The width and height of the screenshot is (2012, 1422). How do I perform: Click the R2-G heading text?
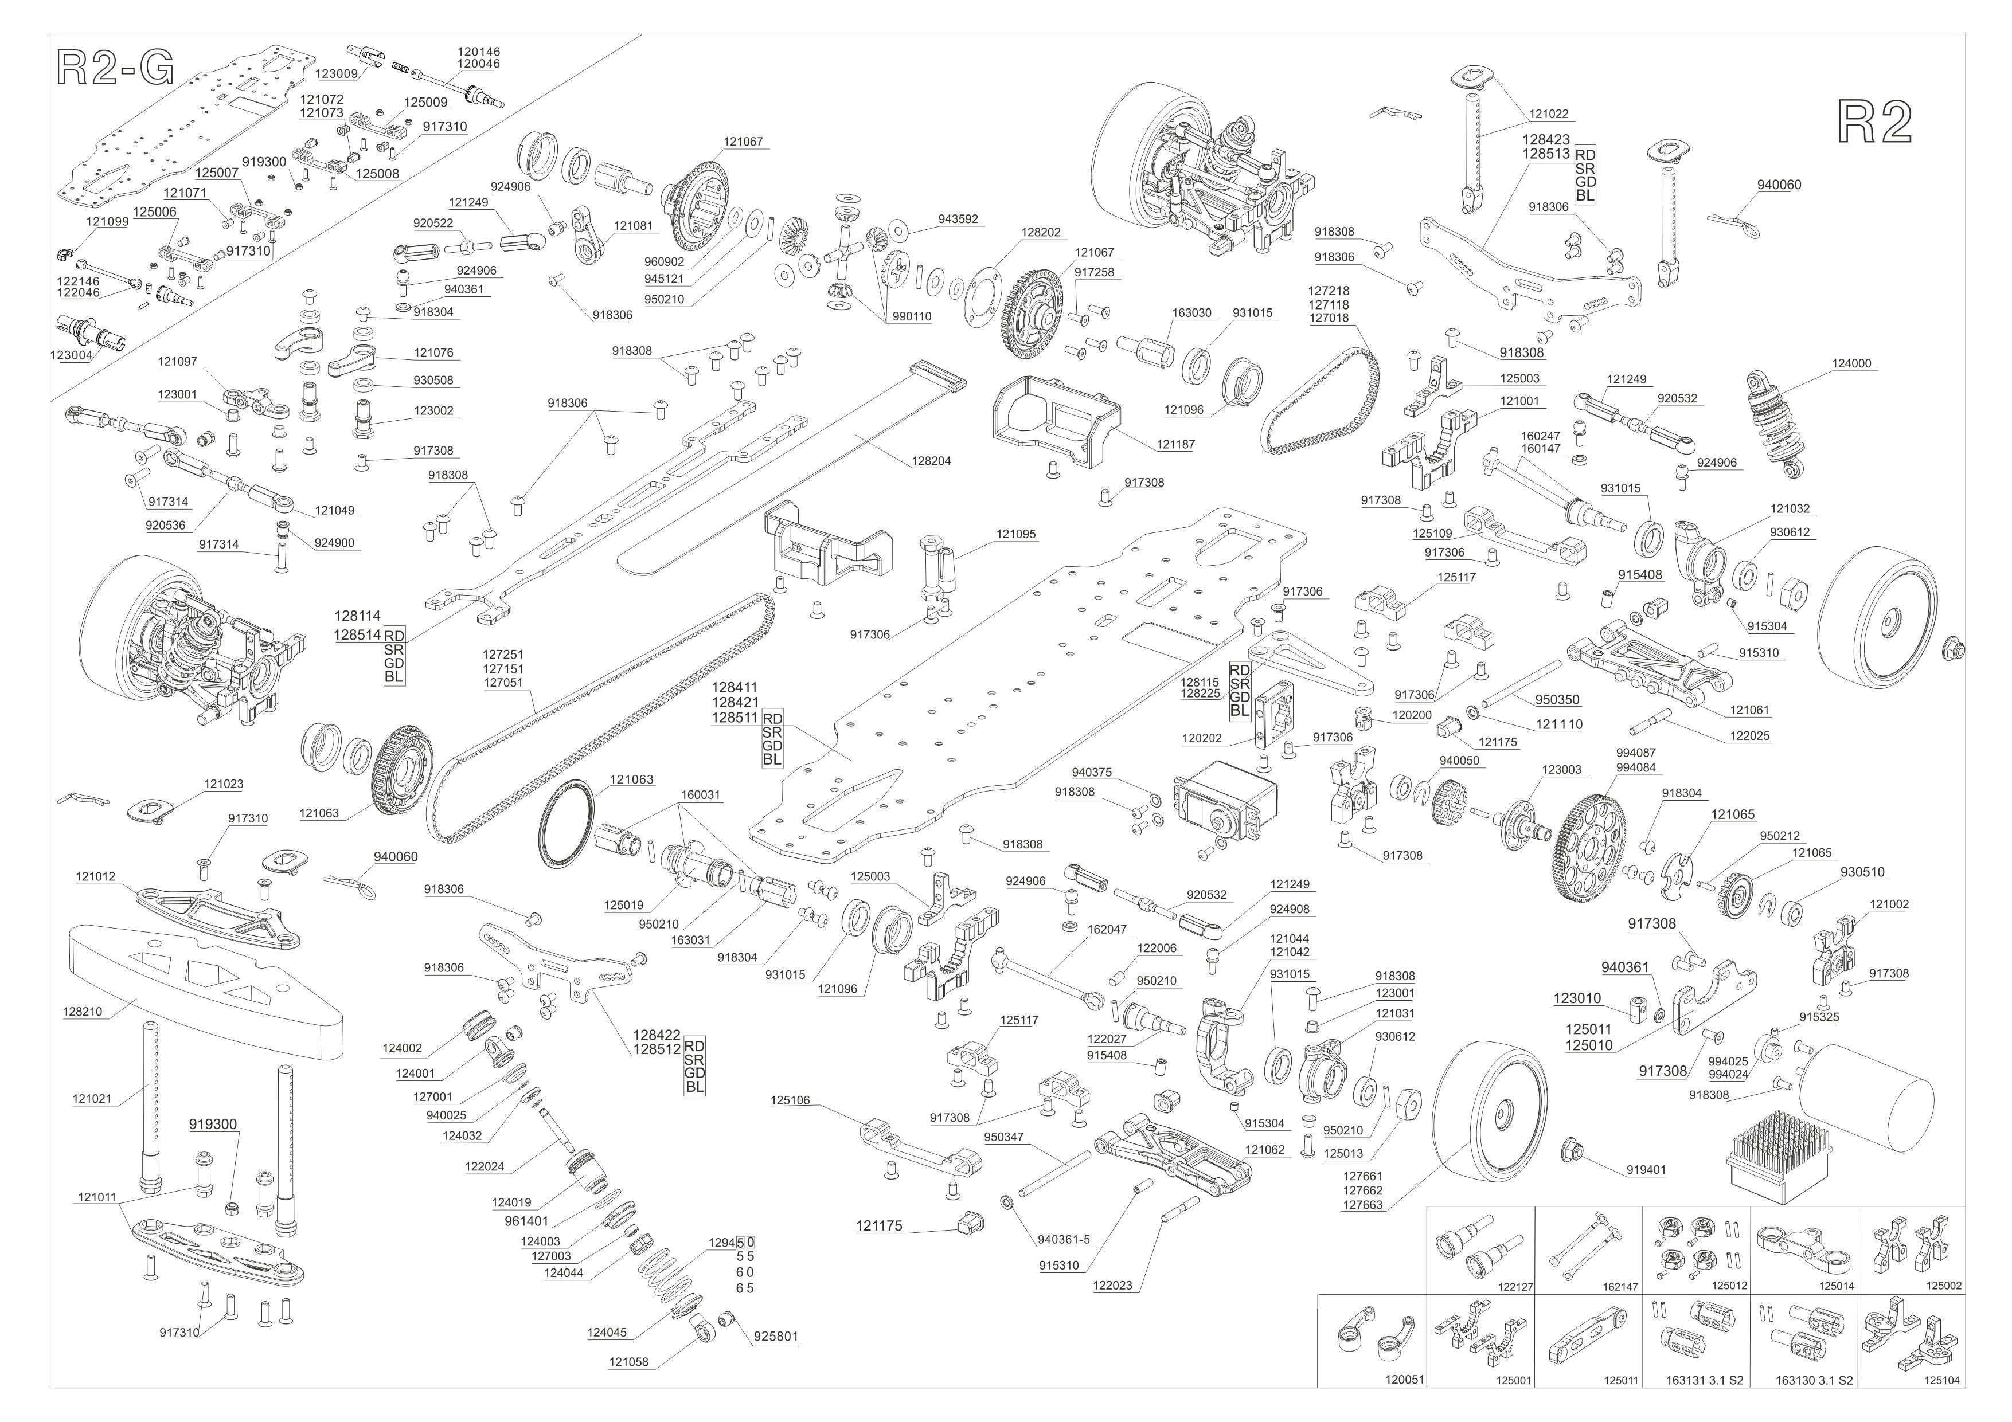tap(115, 68)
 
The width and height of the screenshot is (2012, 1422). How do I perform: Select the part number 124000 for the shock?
tap(1851, 363)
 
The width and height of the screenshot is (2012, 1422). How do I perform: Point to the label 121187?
tap(1175, 444)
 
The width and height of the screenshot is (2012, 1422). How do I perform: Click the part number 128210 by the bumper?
tap(83, 1011)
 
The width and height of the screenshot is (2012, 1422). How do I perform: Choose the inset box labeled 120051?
tap(1372, 1341)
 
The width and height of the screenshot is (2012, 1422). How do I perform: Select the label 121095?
tap(1015, 534)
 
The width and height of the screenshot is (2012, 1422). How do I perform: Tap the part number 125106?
tap(791, 1100)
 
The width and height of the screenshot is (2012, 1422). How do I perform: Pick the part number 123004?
tap(71, 356)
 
